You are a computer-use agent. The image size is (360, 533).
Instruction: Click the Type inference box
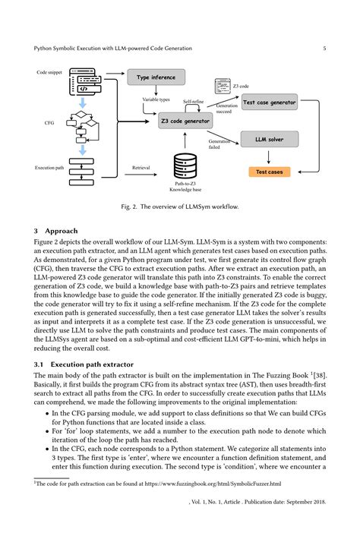tap(156, 77)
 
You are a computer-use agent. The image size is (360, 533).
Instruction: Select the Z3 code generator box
tap(185, 121)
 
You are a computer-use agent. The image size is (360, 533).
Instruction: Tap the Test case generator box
tap(269, 102)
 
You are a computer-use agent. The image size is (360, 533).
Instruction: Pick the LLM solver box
tap(270, 139)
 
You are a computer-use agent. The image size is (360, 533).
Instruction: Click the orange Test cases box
tap(269, 172)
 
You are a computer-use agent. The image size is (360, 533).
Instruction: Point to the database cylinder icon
tap(185, 166)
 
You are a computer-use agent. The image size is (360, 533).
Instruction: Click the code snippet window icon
tap(85, 81)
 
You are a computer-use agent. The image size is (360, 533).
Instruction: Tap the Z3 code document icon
tap(223, 86)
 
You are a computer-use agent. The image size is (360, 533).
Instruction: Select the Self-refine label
tap(194, 101)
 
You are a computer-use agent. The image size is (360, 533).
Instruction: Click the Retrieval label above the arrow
tap(141, 168)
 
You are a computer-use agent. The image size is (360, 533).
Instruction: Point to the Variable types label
tap(156, 99)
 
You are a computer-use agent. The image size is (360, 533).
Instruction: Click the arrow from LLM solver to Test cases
tap(269, 157)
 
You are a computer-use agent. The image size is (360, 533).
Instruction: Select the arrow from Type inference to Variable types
tap(156, 90)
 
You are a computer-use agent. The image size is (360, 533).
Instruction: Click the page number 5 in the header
tap(324, 49)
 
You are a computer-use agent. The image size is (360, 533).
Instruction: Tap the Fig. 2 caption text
tap(180, 207)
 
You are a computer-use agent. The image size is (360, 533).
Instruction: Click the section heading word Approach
tap(62, 231)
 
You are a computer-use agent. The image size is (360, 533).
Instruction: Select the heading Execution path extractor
tap(92, 364)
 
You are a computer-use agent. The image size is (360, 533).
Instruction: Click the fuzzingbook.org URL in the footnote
tap(213, 484)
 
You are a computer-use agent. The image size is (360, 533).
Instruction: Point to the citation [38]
tap(320, 376)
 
